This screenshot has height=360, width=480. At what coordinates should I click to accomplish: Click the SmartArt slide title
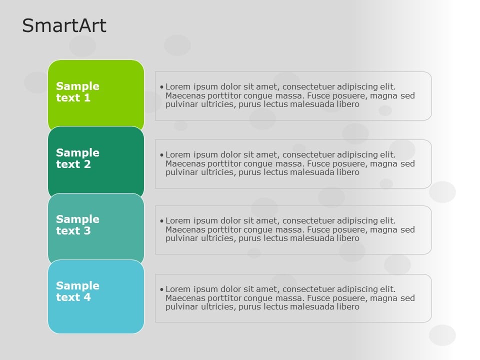coord(64,25)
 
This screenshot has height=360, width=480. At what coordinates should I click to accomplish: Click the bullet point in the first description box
coord(161,87)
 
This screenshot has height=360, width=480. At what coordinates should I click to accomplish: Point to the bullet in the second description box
coord(161,155)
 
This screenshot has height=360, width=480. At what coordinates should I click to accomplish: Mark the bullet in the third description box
coord(161,221)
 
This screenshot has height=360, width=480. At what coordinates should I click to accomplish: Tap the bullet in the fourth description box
coord(161,289)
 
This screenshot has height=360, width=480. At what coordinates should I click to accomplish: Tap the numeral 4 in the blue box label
coord(87,297)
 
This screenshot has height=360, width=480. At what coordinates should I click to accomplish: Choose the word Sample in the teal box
coord(77,219)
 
